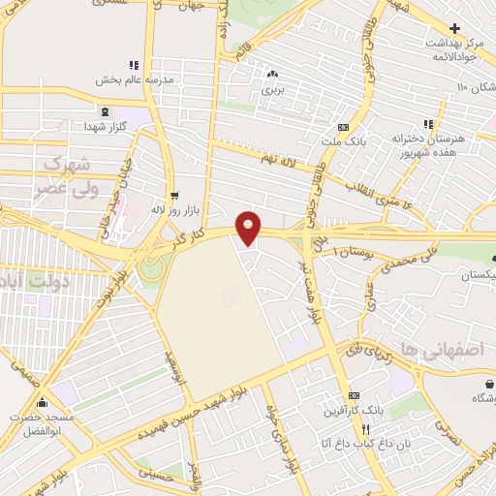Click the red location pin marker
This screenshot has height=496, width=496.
pyautogui.click(x=249, y=227)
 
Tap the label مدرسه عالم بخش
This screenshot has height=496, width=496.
pyautogui.click(x=132, y=80)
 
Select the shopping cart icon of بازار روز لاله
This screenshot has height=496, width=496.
pyautogui.click(x=173, y=194)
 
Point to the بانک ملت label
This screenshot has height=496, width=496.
pyautogui.click(x=342, y=142)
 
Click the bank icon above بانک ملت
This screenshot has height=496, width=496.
pyautogui.click(x=342, y=127)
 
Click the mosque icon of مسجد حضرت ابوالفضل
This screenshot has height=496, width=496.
pyautogui.click(x=42, y=403)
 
